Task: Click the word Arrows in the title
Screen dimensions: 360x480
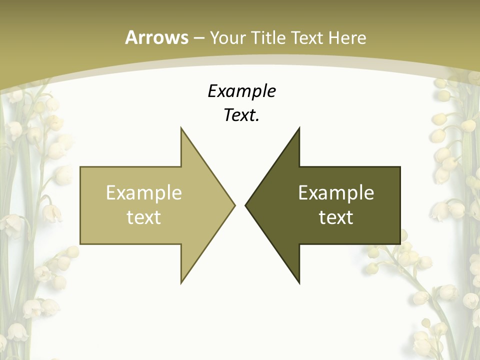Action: [x=156, y=37]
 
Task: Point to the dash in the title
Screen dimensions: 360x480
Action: [x=198, y=38]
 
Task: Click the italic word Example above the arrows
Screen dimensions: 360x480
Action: [x=241, y=91]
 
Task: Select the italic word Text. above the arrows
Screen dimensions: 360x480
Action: [x=241, y=115]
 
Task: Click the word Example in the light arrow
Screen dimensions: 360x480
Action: [x=143, y=192]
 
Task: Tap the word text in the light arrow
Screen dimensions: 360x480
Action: [x=143, y=217]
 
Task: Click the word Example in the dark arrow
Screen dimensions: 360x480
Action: [x=336, y=192]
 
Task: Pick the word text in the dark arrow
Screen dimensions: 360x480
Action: [x=336, y=217]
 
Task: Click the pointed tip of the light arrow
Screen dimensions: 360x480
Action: [x=235, y=205]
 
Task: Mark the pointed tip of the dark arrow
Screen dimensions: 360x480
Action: [x=245, y=205]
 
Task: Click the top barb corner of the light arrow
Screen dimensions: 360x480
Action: [x=181, y=127]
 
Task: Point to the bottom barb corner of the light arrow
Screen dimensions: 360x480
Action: [x=181, y=283]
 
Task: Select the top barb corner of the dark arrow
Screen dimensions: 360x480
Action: [x=299, y=127]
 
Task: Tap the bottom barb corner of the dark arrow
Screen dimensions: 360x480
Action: [x=299, y=283]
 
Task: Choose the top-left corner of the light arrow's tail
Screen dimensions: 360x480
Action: [x=80, y=167]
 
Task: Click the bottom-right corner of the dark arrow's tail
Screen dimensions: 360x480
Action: [x=400, y=243]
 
